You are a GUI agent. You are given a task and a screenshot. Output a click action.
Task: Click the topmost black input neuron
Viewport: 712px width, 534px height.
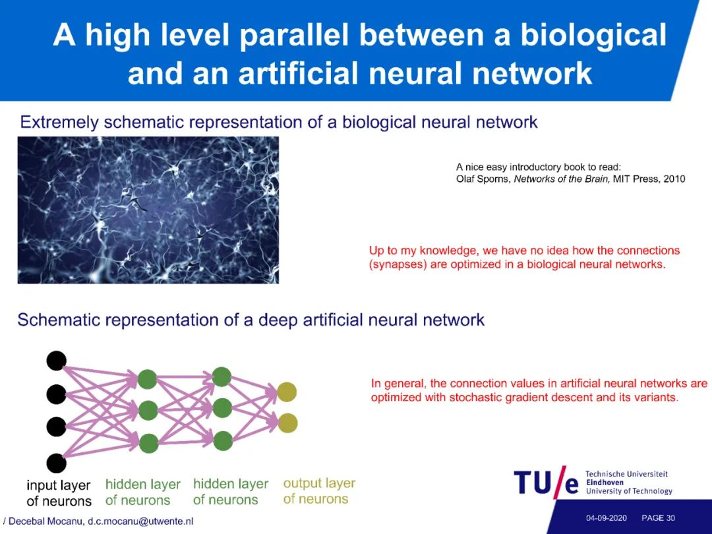(57, 361)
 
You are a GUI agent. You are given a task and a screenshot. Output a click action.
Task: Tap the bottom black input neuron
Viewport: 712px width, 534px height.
(57, 463)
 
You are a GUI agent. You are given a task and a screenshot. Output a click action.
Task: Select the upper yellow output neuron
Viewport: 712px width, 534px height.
(287, 392)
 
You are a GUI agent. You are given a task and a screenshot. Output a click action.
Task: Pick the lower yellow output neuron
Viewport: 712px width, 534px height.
(287, 423)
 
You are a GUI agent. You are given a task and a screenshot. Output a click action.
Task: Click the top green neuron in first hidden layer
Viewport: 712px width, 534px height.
(148, 379)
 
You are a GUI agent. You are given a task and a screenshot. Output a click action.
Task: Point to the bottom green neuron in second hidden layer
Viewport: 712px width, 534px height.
(222, 440)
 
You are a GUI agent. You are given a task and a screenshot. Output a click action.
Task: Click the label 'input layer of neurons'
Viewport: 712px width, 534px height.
(59, 493)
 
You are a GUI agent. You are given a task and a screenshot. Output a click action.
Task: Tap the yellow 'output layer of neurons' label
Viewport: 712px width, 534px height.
(319, 491)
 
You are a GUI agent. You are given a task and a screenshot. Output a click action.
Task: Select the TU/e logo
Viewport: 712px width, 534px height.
(546, 483)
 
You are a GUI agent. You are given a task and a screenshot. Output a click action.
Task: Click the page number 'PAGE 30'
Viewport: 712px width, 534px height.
(658, 518)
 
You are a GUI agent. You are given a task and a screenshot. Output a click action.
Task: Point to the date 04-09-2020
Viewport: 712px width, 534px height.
(606, 518)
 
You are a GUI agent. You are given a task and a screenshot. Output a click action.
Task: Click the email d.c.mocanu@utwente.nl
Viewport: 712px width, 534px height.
(140, 521)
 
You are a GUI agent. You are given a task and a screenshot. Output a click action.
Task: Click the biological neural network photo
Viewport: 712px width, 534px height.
(148, 210)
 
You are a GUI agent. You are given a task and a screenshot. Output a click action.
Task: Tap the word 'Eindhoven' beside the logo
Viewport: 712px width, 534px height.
(605, 483)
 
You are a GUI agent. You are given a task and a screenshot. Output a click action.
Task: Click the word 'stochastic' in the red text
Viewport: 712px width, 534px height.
(481, 398)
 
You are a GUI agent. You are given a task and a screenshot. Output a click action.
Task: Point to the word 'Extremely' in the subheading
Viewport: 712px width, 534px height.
(59, 122)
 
